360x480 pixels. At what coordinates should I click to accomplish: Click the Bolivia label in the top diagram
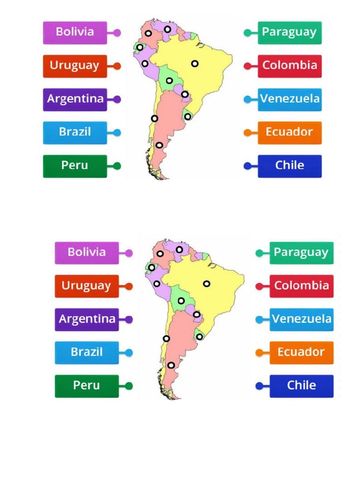coord(75,32)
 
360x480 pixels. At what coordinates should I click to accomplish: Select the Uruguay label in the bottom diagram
coord(87,286)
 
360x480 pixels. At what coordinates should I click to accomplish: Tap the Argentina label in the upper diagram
coord(75,99)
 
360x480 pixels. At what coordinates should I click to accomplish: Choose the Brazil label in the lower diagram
coord(87,352)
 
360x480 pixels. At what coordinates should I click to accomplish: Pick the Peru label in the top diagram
coord(75,166)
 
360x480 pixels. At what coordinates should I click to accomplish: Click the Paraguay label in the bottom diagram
coord(301,253)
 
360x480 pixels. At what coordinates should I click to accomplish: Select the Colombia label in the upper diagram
coord(290,66)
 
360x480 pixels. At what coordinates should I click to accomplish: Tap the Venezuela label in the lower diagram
coord(301,319)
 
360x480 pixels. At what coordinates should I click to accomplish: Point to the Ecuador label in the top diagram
coord(290,133)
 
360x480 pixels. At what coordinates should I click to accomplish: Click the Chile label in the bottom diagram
coord(301,386)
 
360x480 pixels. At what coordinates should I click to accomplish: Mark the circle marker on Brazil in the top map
coord(195,63)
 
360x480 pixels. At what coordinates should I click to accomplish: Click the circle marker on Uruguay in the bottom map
coord(199,337)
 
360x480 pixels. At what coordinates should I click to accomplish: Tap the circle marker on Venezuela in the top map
coord(167,30)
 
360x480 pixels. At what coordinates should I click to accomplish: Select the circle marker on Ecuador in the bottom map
coord(151,267)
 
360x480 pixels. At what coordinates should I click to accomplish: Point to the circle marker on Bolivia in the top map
coord(169,81)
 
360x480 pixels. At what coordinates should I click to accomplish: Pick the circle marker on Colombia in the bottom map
coord(160,254)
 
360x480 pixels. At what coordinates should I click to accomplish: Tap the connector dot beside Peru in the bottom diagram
coord(129,386)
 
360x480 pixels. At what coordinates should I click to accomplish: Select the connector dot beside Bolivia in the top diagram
coord(117,33)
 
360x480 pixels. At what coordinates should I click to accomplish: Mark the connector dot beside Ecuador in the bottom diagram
coord(259,352)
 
